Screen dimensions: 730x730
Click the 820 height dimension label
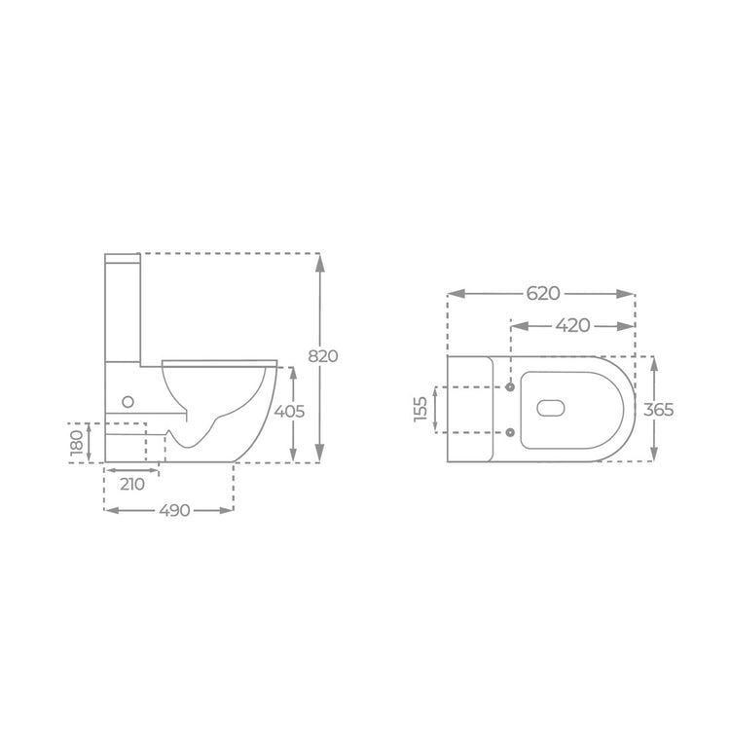323,356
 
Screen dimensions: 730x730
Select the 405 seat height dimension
289,411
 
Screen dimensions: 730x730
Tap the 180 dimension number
76,442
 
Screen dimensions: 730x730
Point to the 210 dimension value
132,484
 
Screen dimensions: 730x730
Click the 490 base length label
174,510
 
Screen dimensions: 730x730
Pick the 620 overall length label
543,294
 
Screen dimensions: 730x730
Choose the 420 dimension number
572,325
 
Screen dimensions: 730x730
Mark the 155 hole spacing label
420,409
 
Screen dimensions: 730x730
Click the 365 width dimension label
659,410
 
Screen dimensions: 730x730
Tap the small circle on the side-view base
128,401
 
